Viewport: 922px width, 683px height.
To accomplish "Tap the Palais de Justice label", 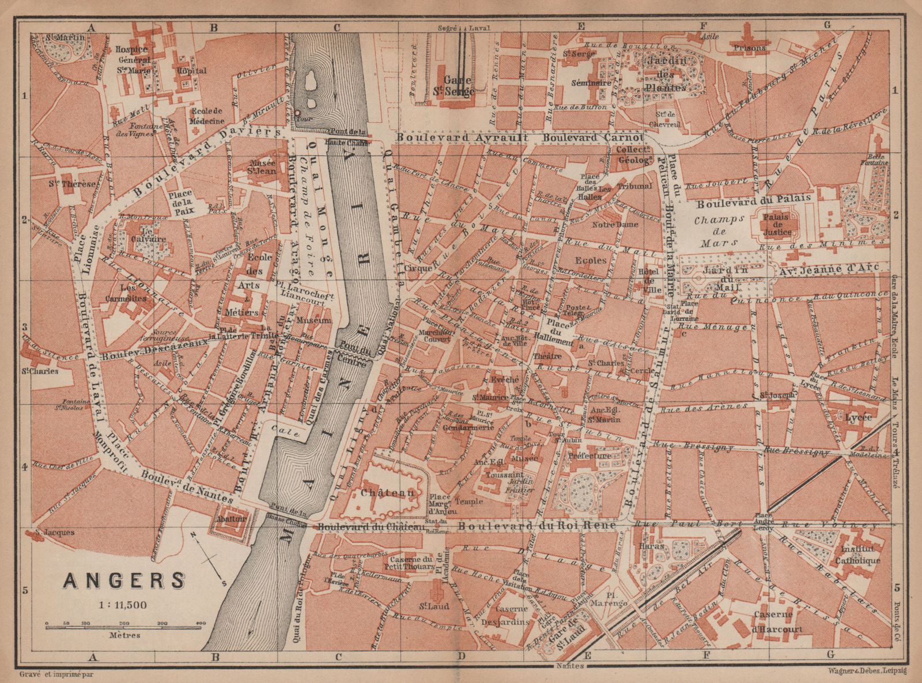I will pyautogui.click(x=777, y=225).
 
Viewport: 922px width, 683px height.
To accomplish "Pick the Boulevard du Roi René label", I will pyautogui.click(x=538, y=525).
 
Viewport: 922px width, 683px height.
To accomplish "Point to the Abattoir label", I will pyautogui.click(x=232, y=518).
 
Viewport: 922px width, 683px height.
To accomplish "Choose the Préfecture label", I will pyautogui.click(x=589, y=456).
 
